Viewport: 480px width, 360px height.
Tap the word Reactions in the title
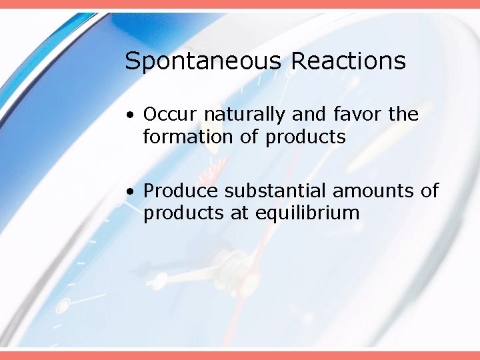pyautogui.click(x=348, y=61)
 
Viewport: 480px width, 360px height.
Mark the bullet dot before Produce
pyautogui.click(x=133, y=192)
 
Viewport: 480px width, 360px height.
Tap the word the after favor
pyautogui.click(x=404, y=115)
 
